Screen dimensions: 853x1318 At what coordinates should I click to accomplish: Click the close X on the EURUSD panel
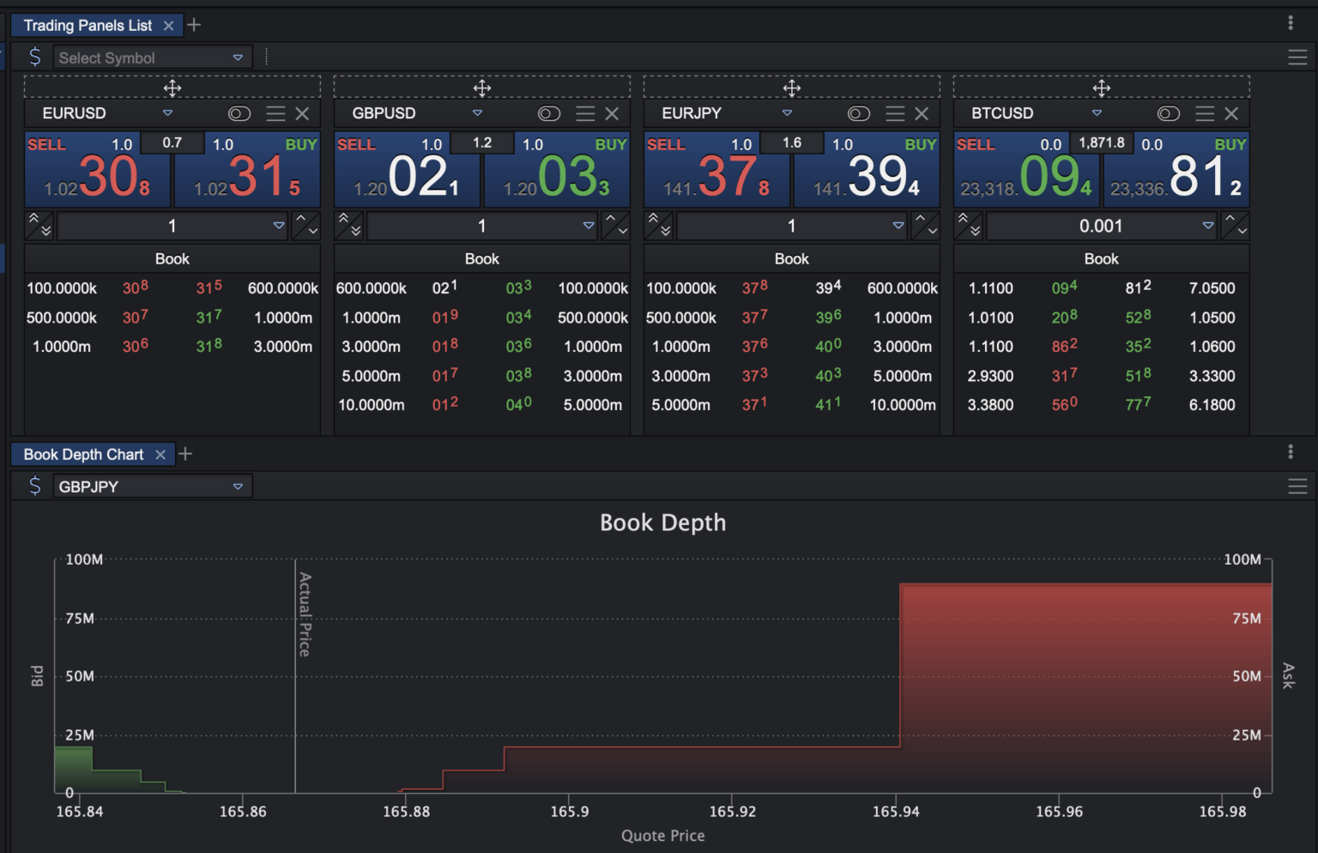[302, 113]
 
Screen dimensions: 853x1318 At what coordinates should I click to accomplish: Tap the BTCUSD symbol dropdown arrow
[1097, 113]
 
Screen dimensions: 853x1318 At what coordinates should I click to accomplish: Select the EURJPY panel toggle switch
[858, 113]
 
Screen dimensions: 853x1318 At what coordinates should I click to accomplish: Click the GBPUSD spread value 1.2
[482, 142]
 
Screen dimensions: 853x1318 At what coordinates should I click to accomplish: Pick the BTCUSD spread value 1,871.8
[1102, 142]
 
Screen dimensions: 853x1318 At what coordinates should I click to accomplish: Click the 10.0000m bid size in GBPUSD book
[371, 404]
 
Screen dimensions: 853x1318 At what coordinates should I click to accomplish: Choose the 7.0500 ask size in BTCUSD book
[1212, 288]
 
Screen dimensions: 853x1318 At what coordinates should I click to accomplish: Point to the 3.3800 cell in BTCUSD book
[990, 404]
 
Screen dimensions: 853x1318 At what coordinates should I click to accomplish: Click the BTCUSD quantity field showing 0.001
[1101, 226]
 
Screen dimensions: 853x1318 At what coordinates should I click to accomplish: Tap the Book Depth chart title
[662, 523]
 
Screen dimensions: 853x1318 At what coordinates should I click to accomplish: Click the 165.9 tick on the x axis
[570, 811]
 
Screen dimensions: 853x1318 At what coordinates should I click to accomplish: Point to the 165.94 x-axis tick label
[896, 811]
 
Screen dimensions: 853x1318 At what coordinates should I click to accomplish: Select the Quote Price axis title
[662, 835]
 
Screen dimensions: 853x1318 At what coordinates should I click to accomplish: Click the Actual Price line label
[305, 614]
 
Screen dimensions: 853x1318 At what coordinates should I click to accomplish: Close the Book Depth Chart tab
[160, 455]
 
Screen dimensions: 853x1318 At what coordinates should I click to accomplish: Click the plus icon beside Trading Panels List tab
[194, 25]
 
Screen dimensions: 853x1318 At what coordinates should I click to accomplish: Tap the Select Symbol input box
[142, 57]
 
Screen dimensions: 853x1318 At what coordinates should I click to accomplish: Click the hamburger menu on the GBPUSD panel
[585, 113]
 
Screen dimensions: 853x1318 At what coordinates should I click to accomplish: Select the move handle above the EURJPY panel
[791, 88]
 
